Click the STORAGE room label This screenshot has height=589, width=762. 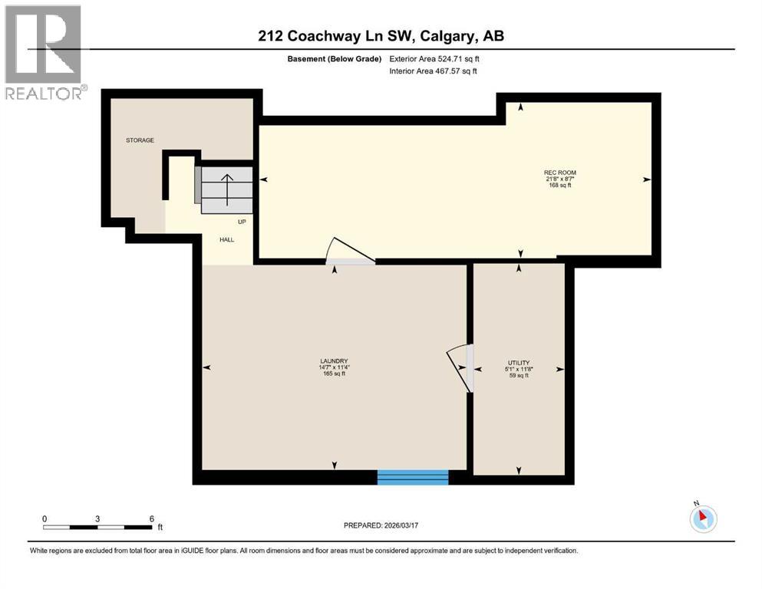point(140,140)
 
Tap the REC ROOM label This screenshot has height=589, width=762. point(559,172)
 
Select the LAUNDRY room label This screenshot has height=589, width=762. point(335,361)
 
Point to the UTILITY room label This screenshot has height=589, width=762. point(519,363)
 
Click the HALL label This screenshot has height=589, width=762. point(226,240)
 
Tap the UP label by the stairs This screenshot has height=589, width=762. point(241,222)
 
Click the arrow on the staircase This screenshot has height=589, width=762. point(227,188)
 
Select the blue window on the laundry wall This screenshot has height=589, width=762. point(413,477)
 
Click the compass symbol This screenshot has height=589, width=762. point(702,518)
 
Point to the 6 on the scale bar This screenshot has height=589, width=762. point(152,518)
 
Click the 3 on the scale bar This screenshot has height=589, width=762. point(98,518)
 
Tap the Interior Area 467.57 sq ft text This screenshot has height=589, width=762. point(434,71)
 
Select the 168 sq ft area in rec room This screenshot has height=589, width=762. point(559,186)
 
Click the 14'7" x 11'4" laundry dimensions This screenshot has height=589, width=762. point(335,367)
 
